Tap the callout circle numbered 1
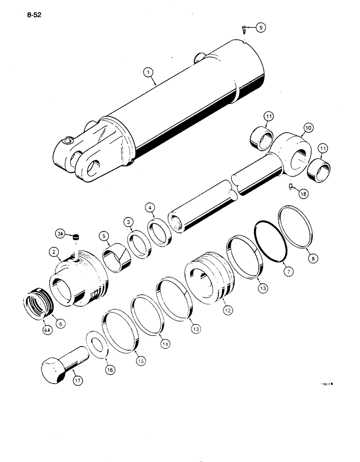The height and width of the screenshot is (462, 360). (x=148, y=72)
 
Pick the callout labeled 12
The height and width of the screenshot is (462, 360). (x=228, y=311)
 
